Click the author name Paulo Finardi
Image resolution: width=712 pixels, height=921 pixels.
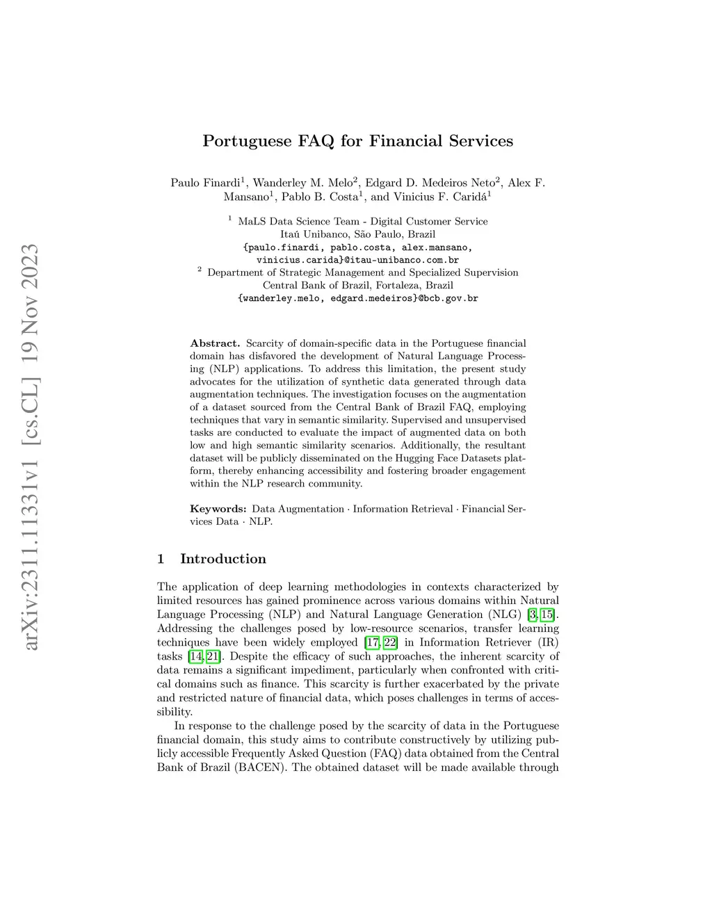(207, 183)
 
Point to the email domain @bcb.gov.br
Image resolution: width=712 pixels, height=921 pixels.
(448, 298)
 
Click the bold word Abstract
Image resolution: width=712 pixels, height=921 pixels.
(215, 343)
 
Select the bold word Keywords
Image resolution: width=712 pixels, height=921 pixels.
(218, 509)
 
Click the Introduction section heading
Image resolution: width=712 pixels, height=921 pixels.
(222, 559)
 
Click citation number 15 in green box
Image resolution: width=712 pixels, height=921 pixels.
(550, 614)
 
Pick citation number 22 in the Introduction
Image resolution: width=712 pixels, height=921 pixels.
(391, 642)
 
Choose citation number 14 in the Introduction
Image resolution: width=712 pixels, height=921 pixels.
(196, 656)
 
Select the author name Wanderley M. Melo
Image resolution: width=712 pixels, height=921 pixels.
(302, 183)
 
